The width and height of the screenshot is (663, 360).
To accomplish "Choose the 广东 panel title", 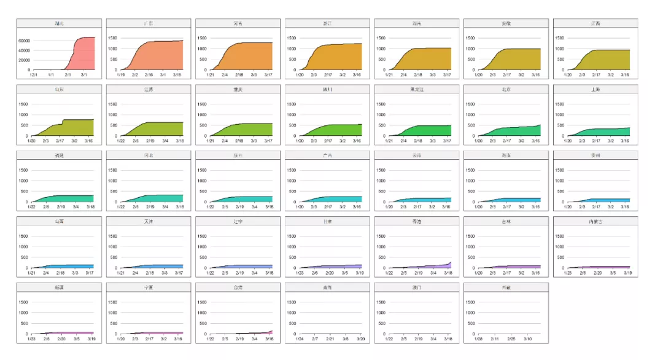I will [148, 23].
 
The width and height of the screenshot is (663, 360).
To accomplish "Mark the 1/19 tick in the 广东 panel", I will [121, 75].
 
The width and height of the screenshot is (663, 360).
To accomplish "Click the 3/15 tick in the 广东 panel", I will [178, 75].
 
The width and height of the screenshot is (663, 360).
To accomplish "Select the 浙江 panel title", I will [327, 23].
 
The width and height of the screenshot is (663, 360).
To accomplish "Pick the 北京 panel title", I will [506, 90].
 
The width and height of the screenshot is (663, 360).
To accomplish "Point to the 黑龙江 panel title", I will [416, 90].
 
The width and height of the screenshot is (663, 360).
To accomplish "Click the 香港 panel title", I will [416, 221].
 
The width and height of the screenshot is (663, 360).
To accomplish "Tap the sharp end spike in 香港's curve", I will [450, 263].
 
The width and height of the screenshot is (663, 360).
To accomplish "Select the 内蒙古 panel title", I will [595, 221].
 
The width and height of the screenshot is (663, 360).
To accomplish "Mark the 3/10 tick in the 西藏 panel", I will [528, 339].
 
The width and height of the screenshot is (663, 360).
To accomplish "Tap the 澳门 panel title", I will [416, 288].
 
